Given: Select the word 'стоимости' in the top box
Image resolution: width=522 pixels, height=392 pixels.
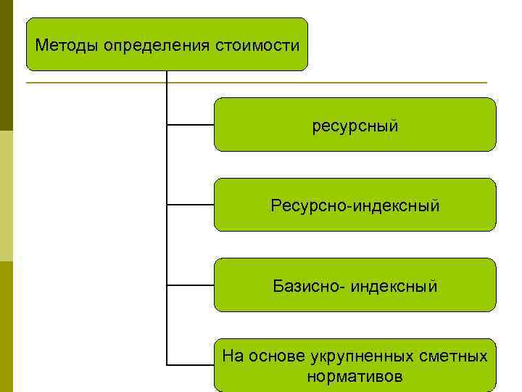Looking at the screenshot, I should point(257,46).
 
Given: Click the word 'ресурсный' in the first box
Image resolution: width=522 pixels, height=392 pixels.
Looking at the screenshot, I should point(355,126).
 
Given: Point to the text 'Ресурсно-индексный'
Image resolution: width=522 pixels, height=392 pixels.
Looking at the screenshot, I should point(355,206).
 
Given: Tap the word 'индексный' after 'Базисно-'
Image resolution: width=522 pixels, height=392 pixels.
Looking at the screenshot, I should point(394,286).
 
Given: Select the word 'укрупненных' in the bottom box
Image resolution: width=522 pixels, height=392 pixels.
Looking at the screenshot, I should point(362,356).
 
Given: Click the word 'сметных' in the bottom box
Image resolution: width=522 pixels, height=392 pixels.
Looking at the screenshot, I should point(454,356).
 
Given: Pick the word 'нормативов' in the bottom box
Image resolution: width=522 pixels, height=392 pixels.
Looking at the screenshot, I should point(355,377).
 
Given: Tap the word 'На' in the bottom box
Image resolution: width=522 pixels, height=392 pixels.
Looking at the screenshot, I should point(233,356).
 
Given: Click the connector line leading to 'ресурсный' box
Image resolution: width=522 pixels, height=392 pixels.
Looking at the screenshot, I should point(191,125).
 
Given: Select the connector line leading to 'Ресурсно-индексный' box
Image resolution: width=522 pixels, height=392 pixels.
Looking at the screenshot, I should point(191,205).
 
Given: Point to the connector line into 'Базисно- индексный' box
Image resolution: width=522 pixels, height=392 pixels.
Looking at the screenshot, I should point(191,285).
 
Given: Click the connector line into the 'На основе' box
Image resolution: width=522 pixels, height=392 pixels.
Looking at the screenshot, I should point(191,364).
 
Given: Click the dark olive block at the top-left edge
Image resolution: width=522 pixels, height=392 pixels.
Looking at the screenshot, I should point(6,65).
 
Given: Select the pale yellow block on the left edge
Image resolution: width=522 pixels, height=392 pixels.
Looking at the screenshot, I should point(6,196).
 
